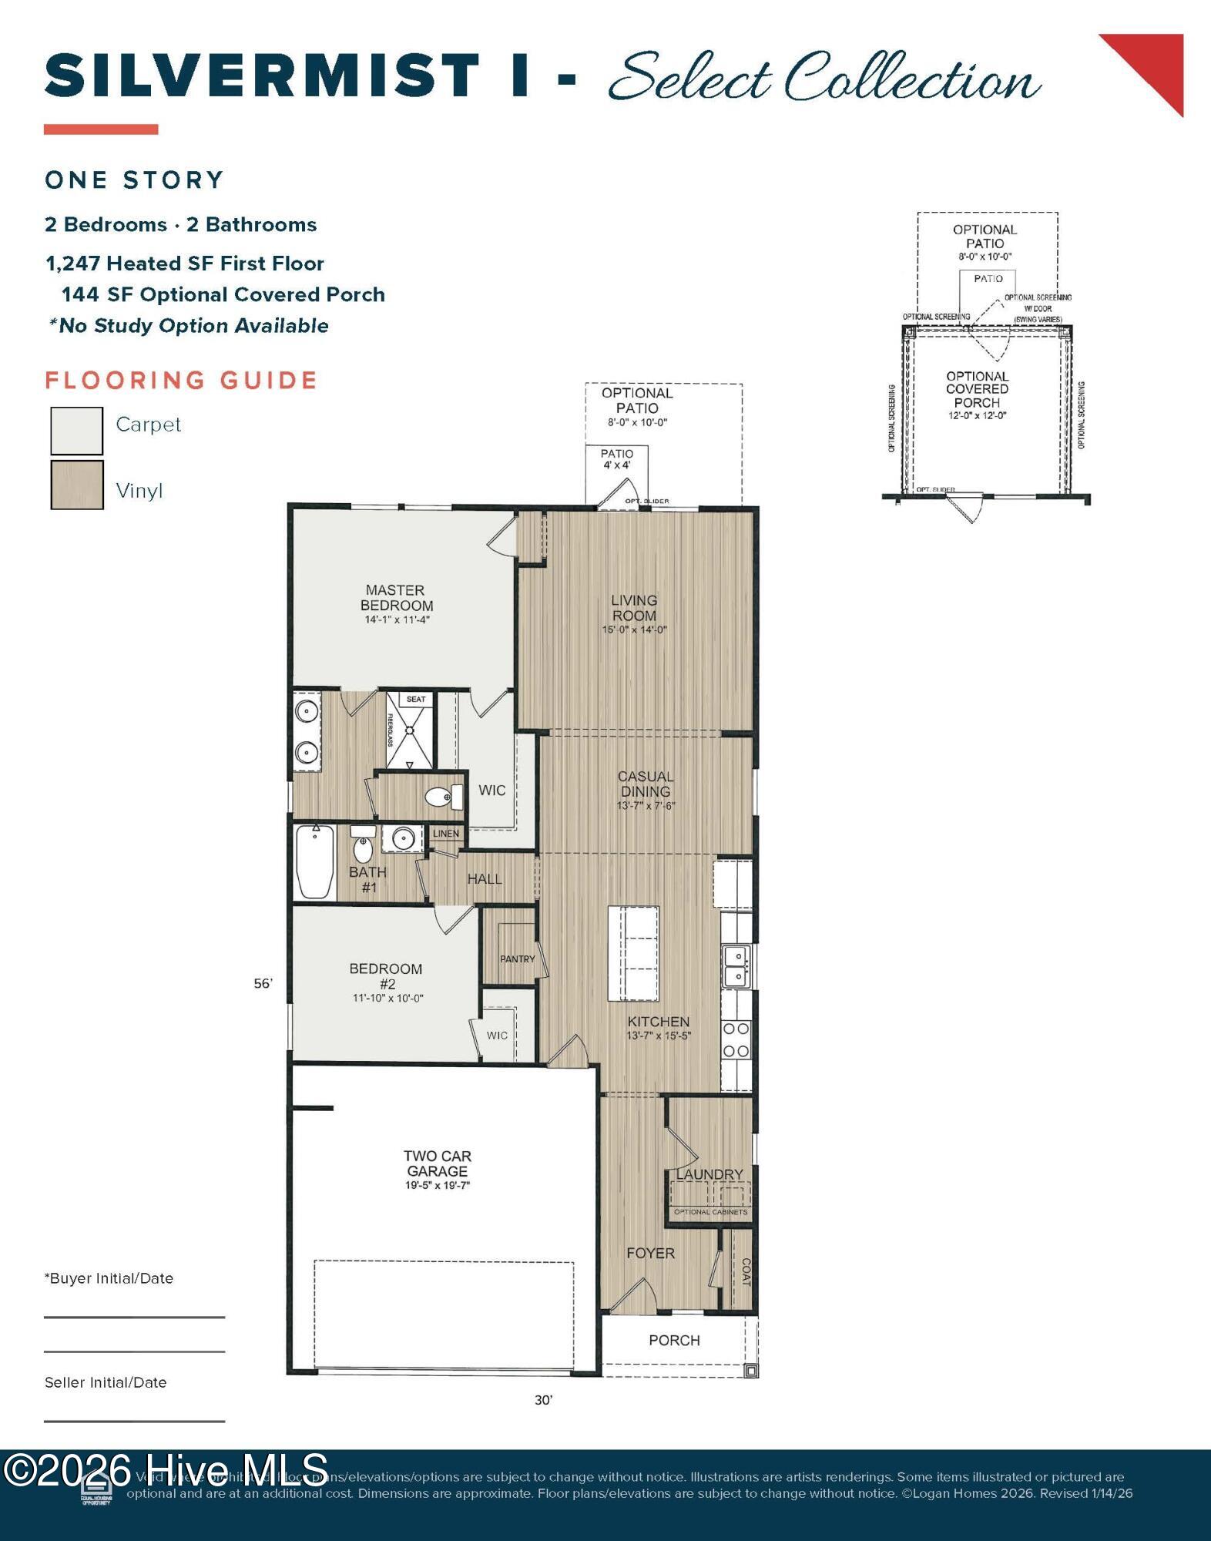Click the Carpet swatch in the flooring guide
pyautogui.click(x=76, y=431)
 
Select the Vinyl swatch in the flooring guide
pyautogui.click(x=76, y=485)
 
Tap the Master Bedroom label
pyautogui.click(x=396, y=598)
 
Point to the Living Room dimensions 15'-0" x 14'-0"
pyautogui.click(x=634, y=630)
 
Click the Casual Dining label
pyautogui.click(x=646, y=784)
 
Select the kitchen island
pyautogui.click(x=633, y=953)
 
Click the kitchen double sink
pyautogui.click(x=736, y=966)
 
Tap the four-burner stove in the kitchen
pyautogui.click(x=736, y=1039)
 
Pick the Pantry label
pyautogui.click(x=517, y=959)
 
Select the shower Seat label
pyautogui.click(x=416, y=700)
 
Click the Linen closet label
pyautogui.click(x=446, y=834)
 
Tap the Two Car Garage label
pyautogui.click(x=437, y=1163)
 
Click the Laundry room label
pyautogui.click(x=709, y=1174)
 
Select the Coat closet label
pyautogui.click(x=745, y=1272)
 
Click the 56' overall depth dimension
pyautogui.click(x=263, y=983)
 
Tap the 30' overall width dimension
pyautogui.click(x=544, y=1400)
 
